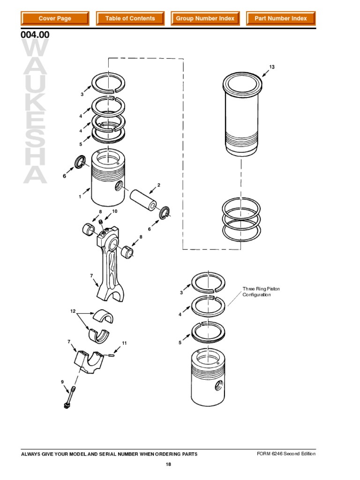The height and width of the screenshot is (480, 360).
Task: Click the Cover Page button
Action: pyautogui.click(x=55, y=18)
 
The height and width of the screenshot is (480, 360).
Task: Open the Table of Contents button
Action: pyautogui.click(x=130, y=18)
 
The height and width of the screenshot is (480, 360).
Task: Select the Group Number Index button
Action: pyautogui.click(x=205, y=18)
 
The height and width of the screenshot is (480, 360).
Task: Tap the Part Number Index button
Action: pyautogui.click(x=280, y=18)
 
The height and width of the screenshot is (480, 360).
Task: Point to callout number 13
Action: pyautogui.click(x=271, y=67)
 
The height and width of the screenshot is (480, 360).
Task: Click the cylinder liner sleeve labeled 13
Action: pyautogui.click(x=241, y=117)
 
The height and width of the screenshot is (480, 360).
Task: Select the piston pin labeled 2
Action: pyautogui.click(x=144, y=195)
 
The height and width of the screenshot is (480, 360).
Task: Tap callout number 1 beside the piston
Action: pyautogui.click(x=80, y=197)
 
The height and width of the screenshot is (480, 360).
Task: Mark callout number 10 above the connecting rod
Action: pyautogui.click(x=114, y=211)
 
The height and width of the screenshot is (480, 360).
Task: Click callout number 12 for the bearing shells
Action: pyautogui.click(x=73, y=311)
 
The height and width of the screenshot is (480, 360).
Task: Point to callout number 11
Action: pyautogui.click(x=124, y=344)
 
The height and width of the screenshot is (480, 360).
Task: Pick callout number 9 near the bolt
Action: pyautogui.click(x=61, y=382)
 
